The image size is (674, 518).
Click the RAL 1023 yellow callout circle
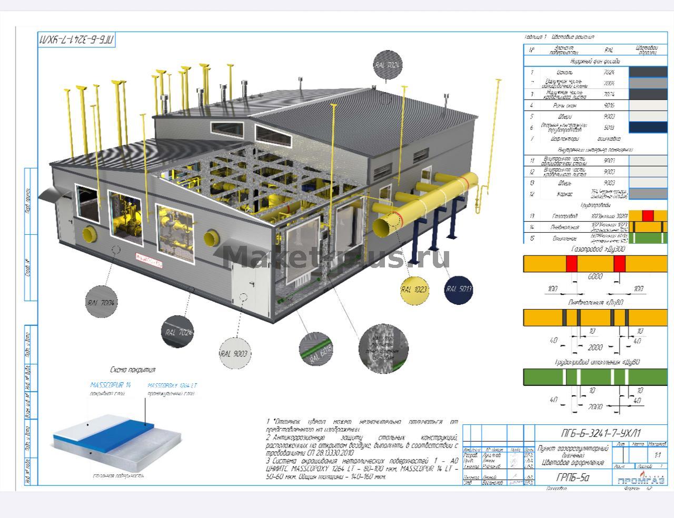coord(414,289)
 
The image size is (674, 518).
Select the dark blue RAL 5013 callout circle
coord(459,289)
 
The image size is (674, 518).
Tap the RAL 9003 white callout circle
coord(235,354)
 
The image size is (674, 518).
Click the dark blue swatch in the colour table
coord(648,127)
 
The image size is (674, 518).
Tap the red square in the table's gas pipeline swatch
coord(648,215)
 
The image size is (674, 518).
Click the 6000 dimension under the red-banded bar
coord(595,277)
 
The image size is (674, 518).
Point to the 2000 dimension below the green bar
coord(595,407)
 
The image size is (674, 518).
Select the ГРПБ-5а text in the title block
coord(570,478)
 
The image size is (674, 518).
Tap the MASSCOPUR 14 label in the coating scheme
coord(110,385)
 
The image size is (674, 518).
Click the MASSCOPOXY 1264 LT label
coord(173,385)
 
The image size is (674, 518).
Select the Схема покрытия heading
coord(133,370)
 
